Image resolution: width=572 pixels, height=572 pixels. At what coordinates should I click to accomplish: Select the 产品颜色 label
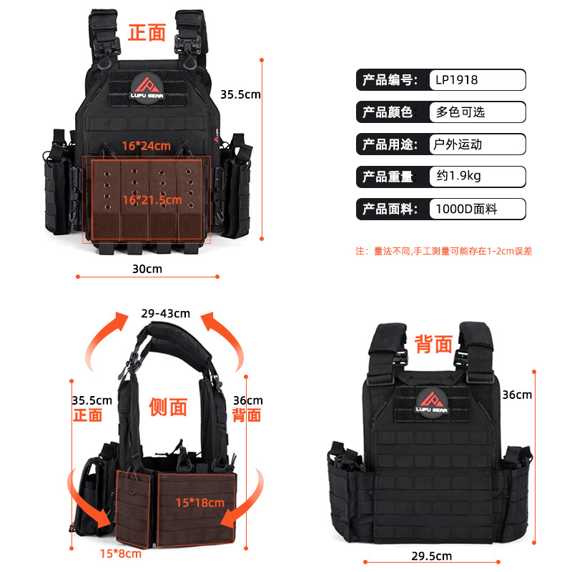coord(388,112)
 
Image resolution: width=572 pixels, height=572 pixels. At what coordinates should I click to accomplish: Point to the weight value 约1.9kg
coord(459,177)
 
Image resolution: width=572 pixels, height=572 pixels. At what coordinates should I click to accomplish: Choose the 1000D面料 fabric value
coord(466,209)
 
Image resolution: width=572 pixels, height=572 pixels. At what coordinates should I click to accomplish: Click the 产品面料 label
coord(388,209)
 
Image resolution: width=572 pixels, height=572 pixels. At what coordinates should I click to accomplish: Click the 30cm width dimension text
coord(147,269)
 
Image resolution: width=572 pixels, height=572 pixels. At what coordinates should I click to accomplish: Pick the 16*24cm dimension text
coord(146,146)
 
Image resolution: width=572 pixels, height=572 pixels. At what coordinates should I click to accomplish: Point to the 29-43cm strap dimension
coord(165,313)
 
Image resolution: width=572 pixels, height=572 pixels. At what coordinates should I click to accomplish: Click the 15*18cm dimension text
coord(200,503)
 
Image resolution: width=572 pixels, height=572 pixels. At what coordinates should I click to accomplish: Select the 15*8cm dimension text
coord(120,553)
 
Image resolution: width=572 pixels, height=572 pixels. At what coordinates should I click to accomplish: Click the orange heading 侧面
coord(168,407)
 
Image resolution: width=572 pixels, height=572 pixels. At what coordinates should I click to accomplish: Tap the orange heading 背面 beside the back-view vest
coord(433,344)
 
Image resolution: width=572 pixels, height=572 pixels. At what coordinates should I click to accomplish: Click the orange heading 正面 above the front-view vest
coord(147,32)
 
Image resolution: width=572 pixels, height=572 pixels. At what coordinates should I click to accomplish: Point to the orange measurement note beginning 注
coord(443,251)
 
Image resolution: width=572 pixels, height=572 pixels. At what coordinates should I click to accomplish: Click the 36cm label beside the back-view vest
coord(517,395)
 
